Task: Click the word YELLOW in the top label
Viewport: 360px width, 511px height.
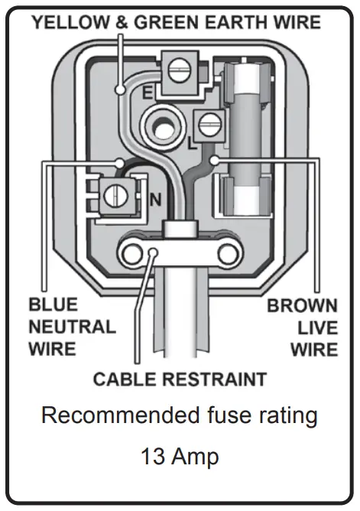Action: (x=68, y=22)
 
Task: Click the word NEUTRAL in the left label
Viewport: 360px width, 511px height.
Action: (x=73, y=327)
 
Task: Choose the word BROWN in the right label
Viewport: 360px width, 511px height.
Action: (x=301, y=306)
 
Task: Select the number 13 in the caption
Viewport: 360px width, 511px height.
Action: (x=152, y=457)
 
